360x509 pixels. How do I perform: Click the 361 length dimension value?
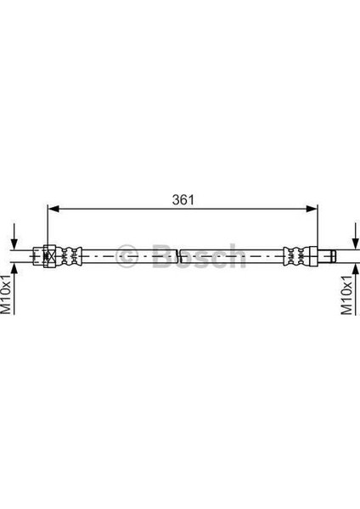click(183, 200)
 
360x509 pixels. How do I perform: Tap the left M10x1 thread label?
click(6, 294)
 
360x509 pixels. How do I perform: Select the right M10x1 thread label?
click(346, 294)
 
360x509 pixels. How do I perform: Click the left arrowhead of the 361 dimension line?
click(53, 209)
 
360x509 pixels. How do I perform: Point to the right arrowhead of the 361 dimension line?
click(312, 209)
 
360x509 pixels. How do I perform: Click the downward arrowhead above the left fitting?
click(14, 244)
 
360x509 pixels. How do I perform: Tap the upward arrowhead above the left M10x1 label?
click(14, 268)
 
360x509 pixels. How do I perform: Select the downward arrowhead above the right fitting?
click(356, 244)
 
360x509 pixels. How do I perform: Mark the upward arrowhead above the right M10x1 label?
click(356, 268)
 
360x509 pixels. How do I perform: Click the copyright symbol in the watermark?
click(127, 256)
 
